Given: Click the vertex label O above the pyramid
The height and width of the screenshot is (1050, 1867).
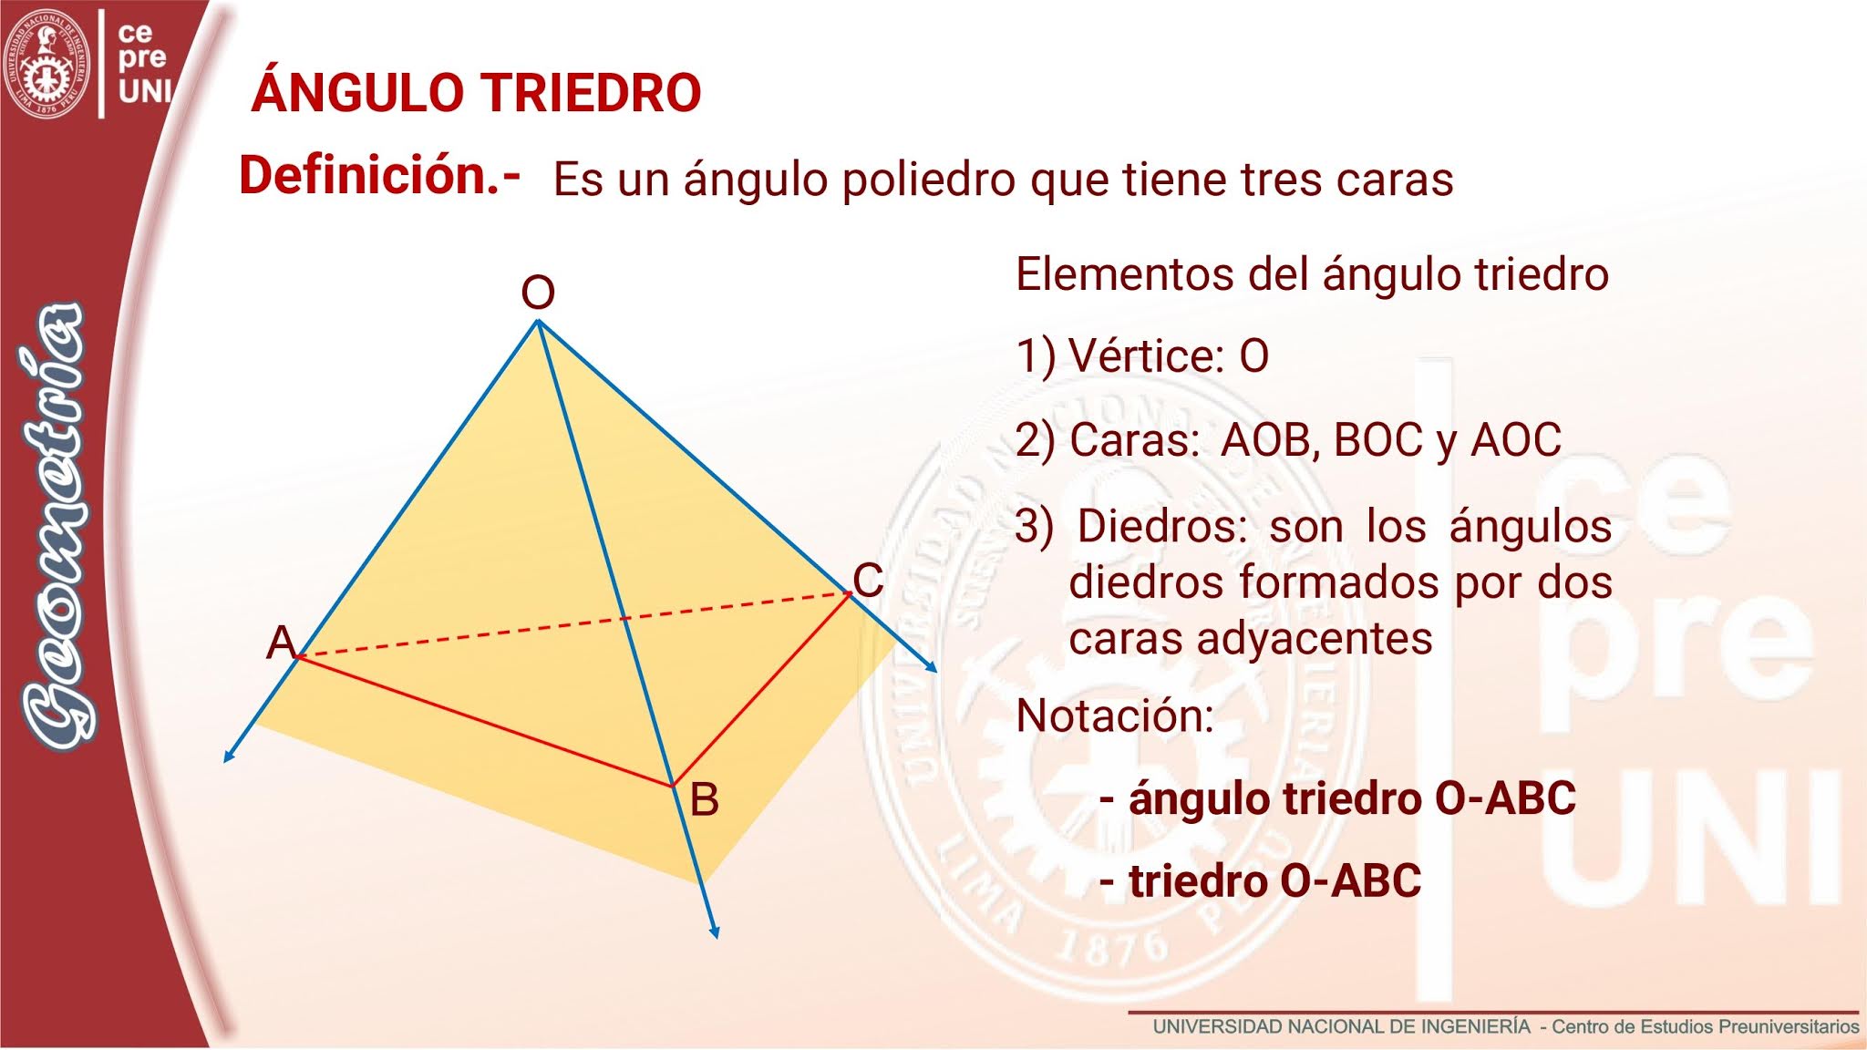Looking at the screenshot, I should coord(538,293).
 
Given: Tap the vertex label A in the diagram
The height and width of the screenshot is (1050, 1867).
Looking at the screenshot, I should coord(281,643).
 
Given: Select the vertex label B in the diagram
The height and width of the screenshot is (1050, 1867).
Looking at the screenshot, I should coord(704,800).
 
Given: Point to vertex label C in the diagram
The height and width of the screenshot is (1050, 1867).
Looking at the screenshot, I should coord(868,580).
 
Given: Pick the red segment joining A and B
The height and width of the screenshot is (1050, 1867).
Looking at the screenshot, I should coord(483,720).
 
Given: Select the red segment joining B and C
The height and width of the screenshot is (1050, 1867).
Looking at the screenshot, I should coord(762,689).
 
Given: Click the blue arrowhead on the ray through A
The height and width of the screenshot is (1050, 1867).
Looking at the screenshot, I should coord(229,756).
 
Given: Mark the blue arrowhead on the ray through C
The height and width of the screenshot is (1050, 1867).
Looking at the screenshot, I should coord(931,667).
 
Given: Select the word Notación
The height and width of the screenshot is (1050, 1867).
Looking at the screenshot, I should coord(1115,715).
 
